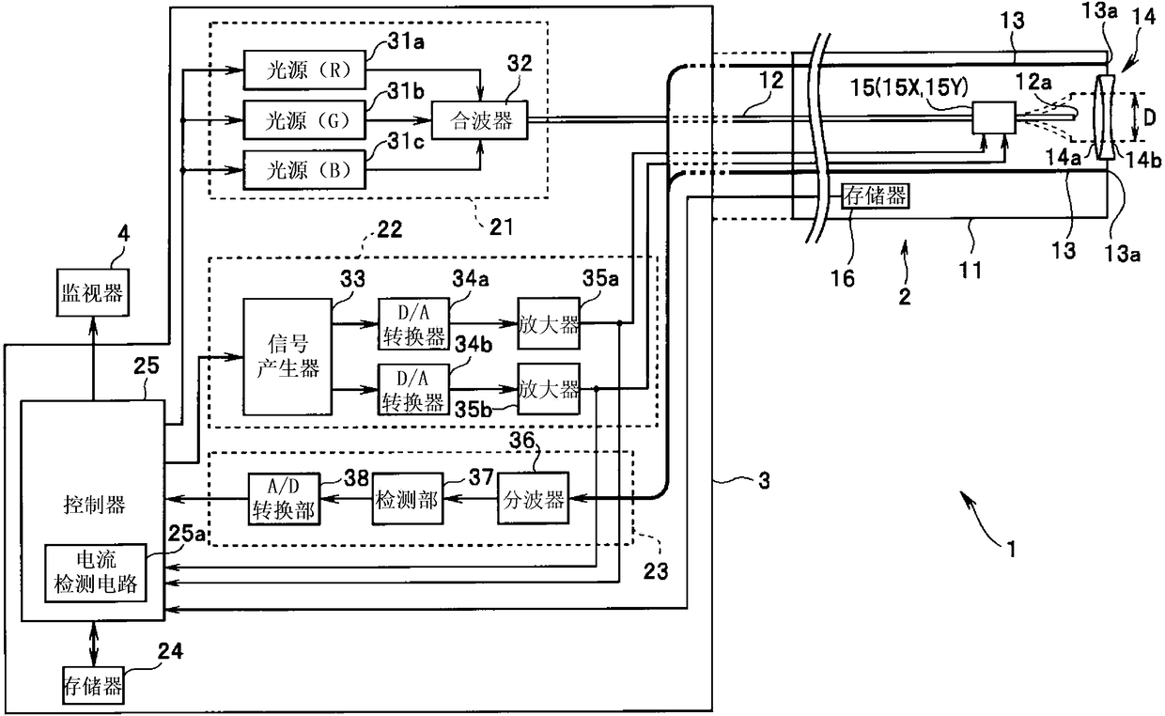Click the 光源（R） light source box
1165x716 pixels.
304,70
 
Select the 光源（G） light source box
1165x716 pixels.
304,120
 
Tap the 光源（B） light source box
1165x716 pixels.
304,170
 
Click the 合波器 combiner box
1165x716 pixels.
479,120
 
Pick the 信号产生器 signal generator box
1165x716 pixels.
287,357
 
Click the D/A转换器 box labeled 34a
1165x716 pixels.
413,324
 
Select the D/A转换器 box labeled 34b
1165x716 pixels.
413,389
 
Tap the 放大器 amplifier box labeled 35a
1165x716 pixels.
549,323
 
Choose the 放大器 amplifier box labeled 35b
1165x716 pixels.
549,389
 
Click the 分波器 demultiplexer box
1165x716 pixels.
533,498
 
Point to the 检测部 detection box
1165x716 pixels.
408,499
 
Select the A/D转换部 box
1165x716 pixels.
284,499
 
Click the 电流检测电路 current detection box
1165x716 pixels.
96,573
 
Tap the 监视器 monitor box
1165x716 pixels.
93,293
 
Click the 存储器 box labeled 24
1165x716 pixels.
93,685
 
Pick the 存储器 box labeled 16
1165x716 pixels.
876,196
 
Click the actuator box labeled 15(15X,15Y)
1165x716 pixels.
994,118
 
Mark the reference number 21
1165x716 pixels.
501,226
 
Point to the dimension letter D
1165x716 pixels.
1149,118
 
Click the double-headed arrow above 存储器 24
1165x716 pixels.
94,644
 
